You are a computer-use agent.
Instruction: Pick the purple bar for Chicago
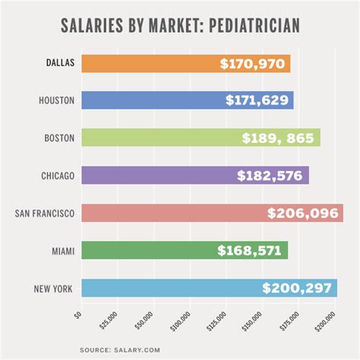[152, 175]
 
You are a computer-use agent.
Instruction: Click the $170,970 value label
[254, 64]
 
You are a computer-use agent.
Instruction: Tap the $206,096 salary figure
[302, 213]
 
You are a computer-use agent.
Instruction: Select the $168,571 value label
[251, 251]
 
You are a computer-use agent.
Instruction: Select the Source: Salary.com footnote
[180, 349]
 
